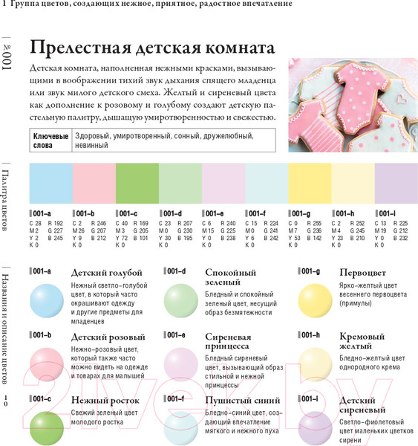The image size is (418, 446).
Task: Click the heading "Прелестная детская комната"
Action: [x=148, y=49]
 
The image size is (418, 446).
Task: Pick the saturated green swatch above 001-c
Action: [x=137, y=182]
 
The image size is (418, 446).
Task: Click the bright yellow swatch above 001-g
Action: [x=310, y=182]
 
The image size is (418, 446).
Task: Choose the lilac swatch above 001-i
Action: [x=396, y=182]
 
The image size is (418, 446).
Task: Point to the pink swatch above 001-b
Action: [x=94, y=182]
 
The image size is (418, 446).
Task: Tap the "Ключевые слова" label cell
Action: [x=51, y=141]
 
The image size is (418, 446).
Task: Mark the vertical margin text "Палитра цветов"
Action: [x=9, y=201]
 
